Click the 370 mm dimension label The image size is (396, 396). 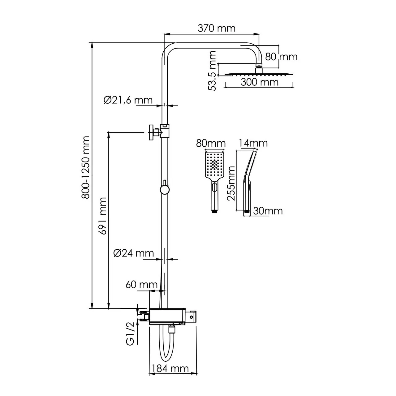(x=217, y=28)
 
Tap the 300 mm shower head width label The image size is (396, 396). (x=260, y=82)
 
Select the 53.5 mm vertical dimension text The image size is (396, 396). (x=213, y=71)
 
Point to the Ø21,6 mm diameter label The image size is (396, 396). (x=128, y=100)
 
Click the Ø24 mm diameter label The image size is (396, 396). (x=134, y=253)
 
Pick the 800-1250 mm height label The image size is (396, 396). (x=86, y=167)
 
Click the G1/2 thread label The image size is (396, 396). (x=130, y=337)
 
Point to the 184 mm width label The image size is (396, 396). (x=170, y=368)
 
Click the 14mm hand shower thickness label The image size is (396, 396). (x=253, y=143)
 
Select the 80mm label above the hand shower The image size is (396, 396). (x=211, y=144)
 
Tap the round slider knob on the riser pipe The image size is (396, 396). (x=164, y=190)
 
